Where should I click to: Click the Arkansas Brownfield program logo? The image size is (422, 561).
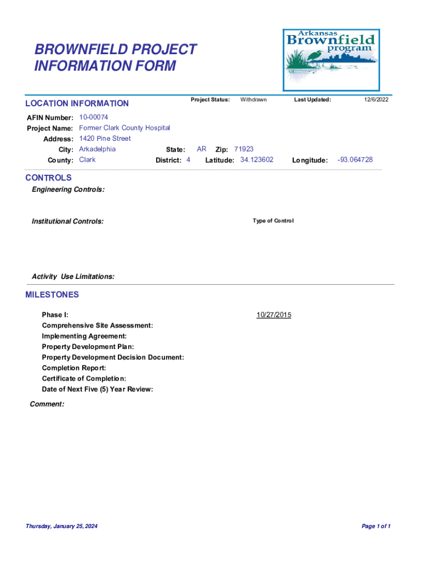pos(330,60)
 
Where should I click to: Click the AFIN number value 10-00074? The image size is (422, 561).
pos(94,117)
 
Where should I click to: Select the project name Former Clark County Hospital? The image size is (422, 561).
pos(124,128)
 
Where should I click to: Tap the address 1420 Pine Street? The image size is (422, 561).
pos(105,139)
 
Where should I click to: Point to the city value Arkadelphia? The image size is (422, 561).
pos(97,149)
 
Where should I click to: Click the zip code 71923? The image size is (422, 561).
pos(244,149)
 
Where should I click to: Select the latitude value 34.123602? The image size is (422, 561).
pos(256,159)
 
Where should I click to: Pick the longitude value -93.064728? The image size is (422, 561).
pos(355,159)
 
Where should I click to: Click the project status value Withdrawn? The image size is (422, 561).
pos(253,100)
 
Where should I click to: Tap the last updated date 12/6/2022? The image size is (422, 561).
pos(376,100)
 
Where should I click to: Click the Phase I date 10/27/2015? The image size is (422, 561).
pos(274,315)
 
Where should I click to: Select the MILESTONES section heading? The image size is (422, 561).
pos(52,295)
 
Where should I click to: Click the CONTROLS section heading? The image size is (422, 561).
pos(48,178)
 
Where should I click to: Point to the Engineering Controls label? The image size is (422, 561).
pos(69,190)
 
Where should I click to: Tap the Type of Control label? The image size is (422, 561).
pos(273,221)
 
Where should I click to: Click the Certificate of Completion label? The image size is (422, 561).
pos(84,379)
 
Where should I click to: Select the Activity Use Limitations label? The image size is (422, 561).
pos(73,277)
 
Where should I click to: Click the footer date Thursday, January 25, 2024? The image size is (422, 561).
pos(61,526)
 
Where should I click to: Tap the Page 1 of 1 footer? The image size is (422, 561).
pos(376,526)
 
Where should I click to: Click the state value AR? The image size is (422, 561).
pos(202,149)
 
